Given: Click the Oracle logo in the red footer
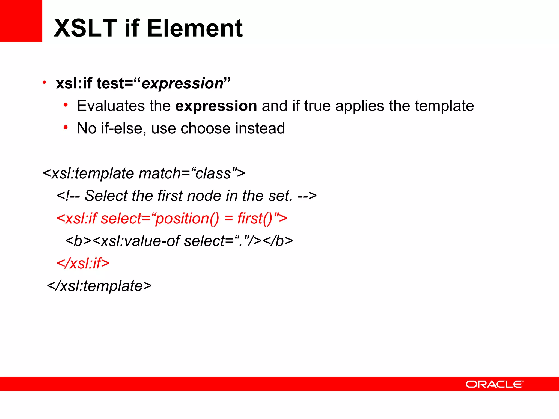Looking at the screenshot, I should [x=494, y=384].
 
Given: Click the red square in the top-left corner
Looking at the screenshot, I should [x=21, y=21].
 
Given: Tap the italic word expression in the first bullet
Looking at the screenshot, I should [x=183, y=83].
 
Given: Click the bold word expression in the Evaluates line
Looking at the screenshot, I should [x=216, y=106].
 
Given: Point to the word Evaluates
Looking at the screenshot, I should [x=111, y=106].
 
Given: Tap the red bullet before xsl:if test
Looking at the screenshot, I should [x=44, y=82].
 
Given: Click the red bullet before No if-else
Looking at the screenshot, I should [x=66, y=127].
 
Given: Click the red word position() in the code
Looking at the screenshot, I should [x=187, y=219].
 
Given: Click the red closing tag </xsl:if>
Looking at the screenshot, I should [x=83, y=264].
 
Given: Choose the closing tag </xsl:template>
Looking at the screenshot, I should [x=99, y=286].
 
